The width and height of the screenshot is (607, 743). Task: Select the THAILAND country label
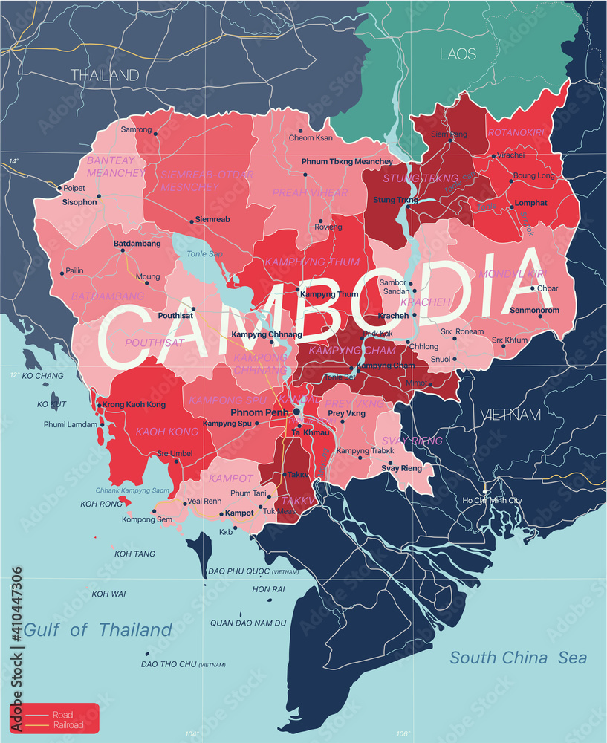(x=105, y=74)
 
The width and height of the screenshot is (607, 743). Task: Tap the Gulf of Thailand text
(x=98, y=630)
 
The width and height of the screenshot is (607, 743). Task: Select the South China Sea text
(x=518, y=658)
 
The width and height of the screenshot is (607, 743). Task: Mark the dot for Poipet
(x=59, y=188)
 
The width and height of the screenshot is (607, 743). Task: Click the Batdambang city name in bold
(x=137, y=244)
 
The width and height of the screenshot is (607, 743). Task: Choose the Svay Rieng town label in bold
(x=401, y=468)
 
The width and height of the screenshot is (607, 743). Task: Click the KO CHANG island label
(x=43, y=376)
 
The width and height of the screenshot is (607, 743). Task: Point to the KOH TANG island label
(x=134, y=554)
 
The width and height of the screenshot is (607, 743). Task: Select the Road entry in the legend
(x=62, y=715)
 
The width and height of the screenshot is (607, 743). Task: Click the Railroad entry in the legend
(x=68, y=724)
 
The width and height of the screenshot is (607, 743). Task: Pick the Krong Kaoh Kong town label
(x=134, y=404)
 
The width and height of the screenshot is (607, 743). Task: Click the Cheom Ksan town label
(x=311, y=138)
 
